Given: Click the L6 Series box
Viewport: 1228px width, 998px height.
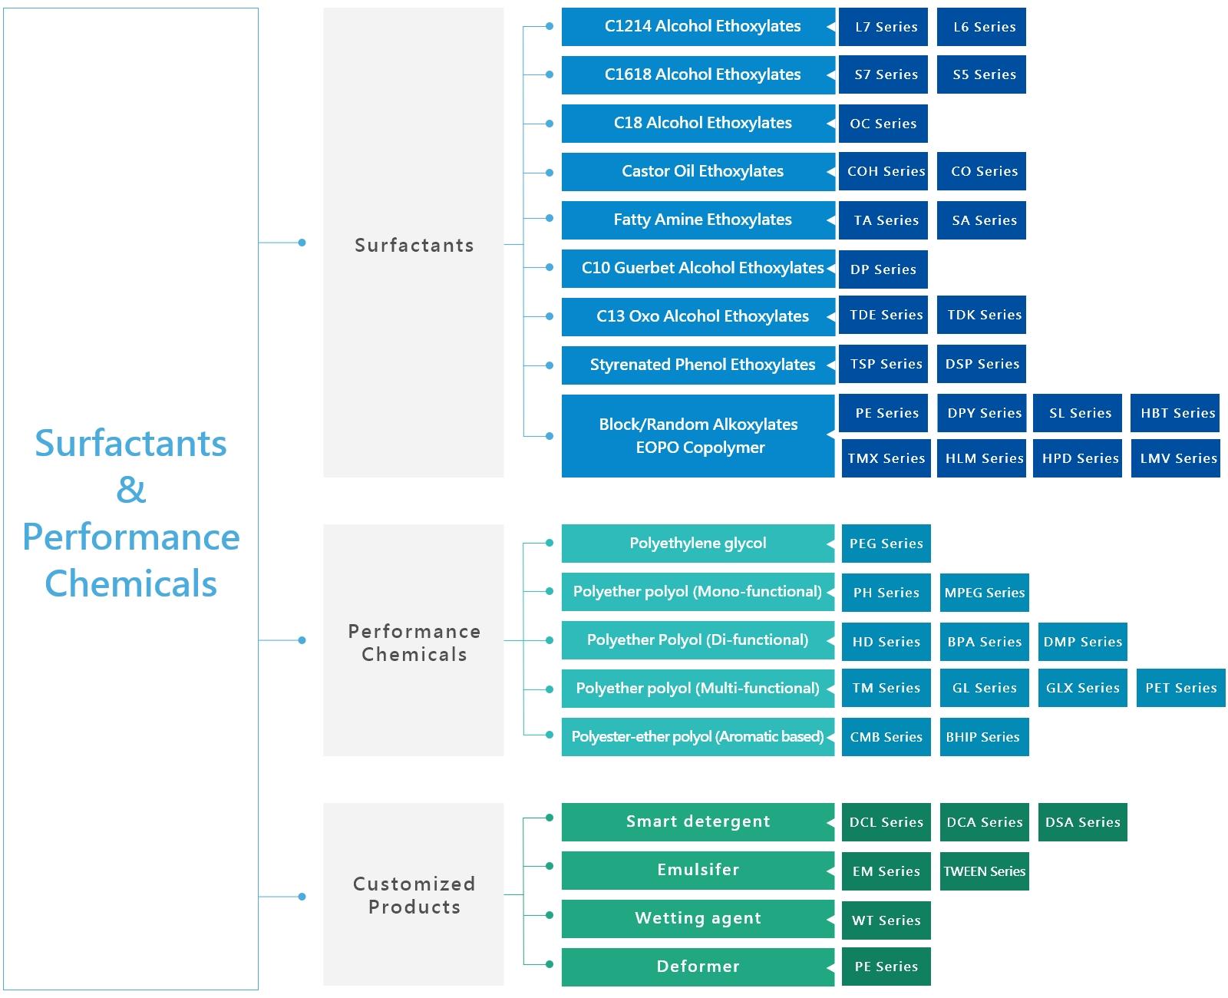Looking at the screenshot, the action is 981,27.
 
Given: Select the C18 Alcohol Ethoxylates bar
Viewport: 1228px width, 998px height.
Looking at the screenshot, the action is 698,123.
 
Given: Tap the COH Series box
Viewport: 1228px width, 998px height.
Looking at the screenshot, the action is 883,171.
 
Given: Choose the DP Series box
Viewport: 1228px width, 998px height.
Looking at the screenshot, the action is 883,269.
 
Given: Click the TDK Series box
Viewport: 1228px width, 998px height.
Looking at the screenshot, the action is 981,315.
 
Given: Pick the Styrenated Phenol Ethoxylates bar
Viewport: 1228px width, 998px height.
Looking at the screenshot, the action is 698,365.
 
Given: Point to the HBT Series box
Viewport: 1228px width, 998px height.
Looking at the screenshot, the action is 1174,413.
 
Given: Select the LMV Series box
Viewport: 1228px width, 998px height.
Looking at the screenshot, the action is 1175,458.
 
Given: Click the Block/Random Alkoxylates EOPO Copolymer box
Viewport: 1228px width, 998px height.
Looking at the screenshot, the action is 698,436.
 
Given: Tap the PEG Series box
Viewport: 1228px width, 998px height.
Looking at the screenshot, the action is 886,543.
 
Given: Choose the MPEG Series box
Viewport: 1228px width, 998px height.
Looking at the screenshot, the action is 984,592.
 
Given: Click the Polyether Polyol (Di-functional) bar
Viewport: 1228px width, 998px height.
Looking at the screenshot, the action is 698,640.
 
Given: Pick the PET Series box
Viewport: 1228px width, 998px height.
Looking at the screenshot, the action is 1180,688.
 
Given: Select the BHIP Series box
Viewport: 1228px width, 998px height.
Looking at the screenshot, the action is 984,737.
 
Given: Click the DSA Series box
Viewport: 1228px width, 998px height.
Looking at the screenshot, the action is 1082,822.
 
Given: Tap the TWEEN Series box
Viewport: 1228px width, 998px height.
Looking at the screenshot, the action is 984,871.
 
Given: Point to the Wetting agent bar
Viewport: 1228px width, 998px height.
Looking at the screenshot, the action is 698,918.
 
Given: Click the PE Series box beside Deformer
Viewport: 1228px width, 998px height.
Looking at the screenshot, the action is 886,967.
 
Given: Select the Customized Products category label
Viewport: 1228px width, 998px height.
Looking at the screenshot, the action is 414,895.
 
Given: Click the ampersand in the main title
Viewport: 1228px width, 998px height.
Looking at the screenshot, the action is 131,490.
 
